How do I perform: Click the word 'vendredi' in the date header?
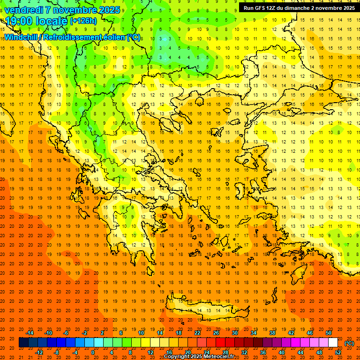click(x=23, y=10)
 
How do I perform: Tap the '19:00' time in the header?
click(x=17, y=21)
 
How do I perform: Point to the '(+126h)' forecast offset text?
click(x=83, y=21)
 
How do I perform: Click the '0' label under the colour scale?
click(x=92, y=352)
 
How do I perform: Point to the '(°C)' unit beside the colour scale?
click(x=349, y=343)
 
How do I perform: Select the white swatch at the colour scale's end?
click(x=333, y=343)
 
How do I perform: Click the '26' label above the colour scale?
click(x=216, y=333)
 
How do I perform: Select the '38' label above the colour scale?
click(x=272, y=333)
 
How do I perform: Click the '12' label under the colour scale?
click(x=150, y=352)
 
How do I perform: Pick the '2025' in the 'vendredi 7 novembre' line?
click(x=107, y=10)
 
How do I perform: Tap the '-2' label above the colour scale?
click(x=85, y=333)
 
